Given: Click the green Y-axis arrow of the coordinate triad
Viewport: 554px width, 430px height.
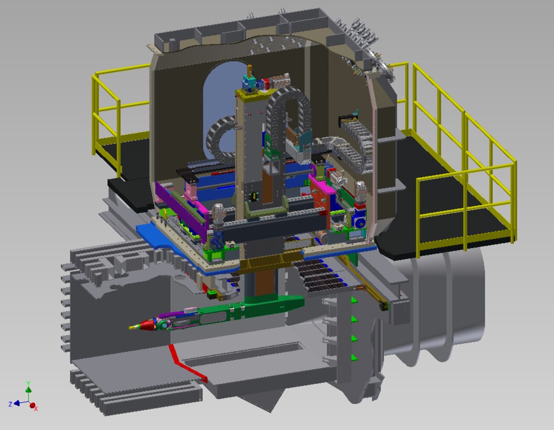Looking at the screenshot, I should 28,389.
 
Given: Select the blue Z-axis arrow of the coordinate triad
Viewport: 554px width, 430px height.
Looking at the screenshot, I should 17,403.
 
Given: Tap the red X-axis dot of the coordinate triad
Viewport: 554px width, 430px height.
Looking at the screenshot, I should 33,405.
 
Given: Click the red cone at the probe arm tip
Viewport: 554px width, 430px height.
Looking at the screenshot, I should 148,326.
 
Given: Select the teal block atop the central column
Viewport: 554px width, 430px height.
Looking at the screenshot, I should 249,83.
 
